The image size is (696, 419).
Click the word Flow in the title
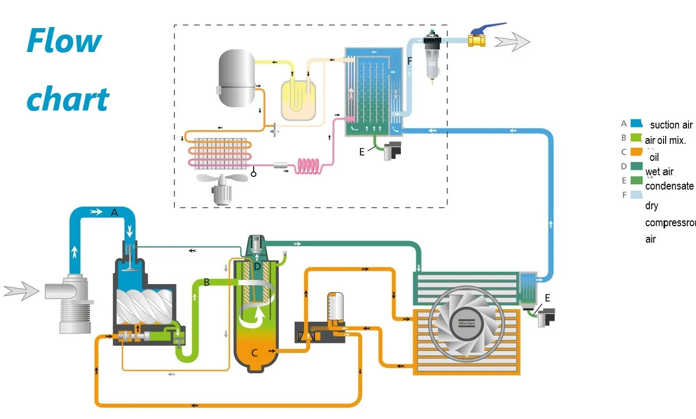coord(64,41)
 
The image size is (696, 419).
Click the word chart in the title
coord(68,99)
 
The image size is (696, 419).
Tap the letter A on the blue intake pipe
coord(114,212)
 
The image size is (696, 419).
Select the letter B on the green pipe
coord(206,283)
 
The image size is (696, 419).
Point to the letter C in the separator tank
coord(254,352)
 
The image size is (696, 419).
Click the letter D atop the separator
coord(257,266)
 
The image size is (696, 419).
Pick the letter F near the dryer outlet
coord(409,61)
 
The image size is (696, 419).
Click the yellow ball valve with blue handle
coord(477,39)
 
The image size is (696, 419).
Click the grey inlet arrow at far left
coord(21,291)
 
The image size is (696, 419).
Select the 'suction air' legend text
coord(671,125)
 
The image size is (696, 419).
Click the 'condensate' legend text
coord(669,186)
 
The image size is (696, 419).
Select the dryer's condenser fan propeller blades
coord(222,179)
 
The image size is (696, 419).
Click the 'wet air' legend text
coord(659,172)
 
